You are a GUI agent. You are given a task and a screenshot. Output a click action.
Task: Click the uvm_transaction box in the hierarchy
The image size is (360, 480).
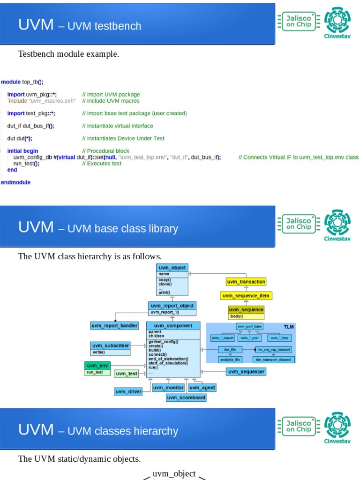pyautogui.click(x=246, y=282)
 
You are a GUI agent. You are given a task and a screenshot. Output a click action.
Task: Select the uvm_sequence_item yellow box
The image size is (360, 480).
pyautogui.click(x=246, y=296)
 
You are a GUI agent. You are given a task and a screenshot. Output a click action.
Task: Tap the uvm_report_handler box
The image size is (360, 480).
pyautogui.click(x=114, y=325)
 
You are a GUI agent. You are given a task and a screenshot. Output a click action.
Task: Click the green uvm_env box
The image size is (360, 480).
pyautogui.click(x=97, y=365)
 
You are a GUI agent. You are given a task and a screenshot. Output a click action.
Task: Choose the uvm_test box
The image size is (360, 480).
pyautogui.click(x=127, y=374)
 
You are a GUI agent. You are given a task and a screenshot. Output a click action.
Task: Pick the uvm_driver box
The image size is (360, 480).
pyautogui.click(x=128, y=391)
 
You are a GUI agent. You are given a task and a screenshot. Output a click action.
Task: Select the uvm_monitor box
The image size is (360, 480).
pyautogui.click(x=168, y=388)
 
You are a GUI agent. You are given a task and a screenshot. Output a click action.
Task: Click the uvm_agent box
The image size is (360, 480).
pyautogui.click(x=202, y=388)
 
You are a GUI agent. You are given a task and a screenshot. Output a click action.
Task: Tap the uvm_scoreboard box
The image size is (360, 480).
pyautogui.click(x=186, y=397)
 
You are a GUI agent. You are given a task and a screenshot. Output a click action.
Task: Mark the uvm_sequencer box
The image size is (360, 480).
pyautogui.click(x=246, y=372)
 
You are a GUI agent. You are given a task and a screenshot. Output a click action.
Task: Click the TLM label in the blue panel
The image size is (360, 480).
pyautogui.click(x=289, y=326)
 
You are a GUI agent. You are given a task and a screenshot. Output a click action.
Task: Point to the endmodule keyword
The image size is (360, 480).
pyautogui.click(x=16, y=182)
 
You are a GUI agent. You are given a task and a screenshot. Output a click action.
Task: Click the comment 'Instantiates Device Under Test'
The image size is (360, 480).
pyautogui.click(x=123, y=138)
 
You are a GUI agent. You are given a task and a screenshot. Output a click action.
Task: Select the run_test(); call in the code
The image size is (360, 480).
pyautogui.click(x=26, y=164)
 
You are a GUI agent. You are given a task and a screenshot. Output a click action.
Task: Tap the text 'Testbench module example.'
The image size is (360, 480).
pyautogui.click(x=68, y=54)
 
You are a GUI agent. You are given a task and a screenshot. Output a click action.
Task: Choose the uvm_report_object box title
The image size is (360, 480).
pyautogui.click(x=172, y=306)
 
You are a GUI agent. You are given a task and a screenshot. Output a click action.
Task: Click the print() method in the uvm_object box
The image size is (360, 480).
pyautogui.click(x=165, y=292)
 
